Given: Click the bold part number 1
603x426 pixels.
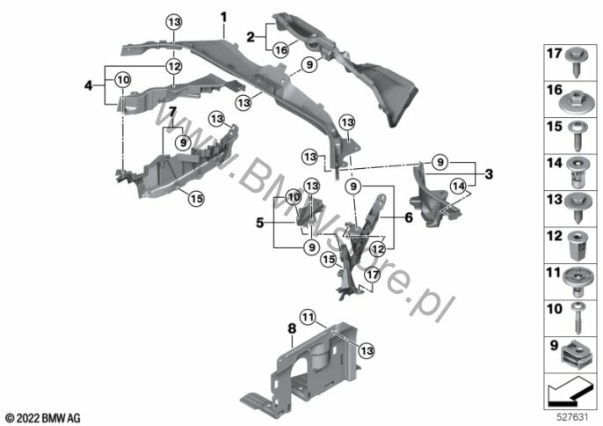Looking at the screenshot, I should click(223, 17).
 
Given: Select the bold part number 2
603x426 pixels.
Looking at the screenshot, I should click(251, 37).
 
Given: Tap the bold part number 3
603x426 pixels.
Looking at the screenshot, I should click(487, 174).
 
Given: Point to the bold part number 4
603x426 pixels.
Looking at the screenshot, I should click(88, 85).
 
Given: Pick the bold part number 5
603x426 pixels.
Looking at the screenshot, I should click(259, 224).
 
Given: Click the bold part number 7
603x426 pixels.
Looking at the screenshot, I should click(172, 112).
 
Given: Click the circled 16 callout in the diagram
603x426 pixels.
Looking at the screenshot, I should click(279, 51).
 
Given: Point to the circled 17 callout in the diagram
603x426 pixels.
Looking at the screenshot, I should click(372, 275).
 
